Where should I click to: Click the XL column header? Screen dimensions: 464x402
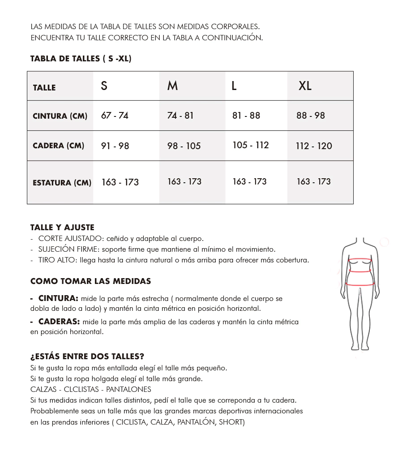pos(305,86)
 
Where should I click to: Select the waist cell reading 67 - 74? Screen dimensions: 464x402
pos(115,116)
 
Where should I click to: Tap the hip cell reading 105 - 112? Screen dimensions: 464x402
pos(250,145)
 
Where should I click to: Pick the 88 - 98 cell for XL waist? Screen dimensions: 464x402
pos(310,116)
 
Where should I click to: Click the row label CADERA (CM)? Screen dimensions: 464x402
pos(58,146)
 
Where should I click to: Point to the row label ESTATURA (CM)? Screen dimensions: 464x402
pos(62,183)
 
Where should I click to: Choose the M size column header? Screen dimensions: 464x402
pos(172,86)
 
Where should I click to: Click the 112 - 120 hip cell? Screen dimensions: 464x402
pos(314,146)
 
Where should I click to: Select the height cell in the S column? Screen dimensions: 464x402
pos(120,182)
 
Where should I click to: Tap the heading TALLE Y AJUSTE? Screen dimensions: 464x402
pos(62,228)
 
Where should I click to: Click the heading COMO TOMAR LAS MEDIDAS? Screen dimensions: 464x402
pos(90,281)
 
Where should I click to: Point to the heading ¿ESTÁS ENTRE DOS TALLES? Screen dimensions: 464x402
pos(87,357)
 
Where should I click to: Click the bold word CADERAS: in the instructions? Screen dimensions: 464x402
pos(59,322)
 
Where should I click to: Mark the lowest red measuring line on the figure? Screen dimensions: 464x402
pos(360,284)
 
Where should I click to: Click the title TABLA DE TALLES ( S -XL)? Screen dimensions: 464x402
pos(81,59)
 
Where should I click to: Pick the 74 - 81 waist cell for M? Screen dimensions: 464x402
pos(180,116)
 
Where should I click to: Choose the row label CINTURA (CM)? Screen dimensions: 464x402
pos(60,116)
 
